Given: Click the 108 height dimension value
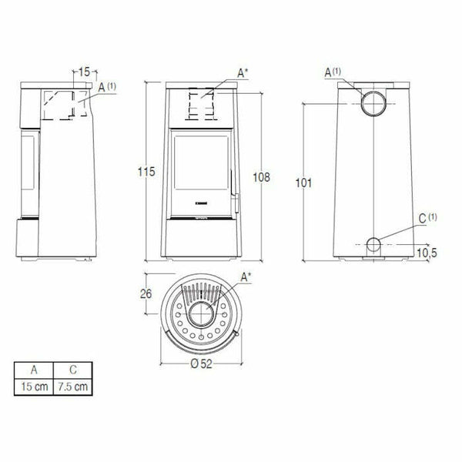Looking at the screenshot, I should [261, 177].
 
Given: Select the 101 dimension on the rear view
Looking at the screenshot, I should [303, 182].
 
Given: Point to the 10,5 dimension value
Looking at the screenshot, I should [429, 253].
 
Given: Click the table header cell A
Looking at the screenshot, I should [35, 370].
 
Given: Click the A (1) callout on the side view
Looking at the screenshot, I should [106, 88].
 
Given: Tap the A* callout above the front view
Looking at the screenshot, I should [243, 72].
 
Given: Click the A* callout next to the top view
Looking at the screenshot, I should [246, 276].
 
